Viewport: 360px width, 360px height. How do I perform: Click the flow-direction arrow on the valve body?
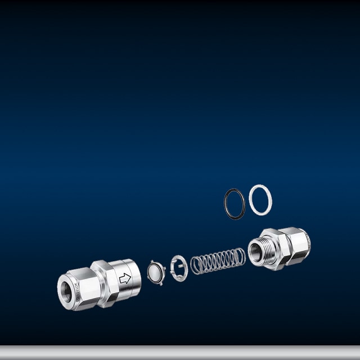pyautogui.click(x=125, y=278)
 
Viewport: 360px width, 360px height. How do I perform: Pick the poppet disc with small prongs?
pyautogui.click(x=155, y=273)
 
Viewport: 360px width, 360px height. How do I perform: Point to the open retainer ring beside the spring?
pyautogui.click(x=179, y=267)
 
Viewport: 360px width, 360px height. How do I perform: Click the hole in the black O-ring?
pyautogui.click(x=235, y=204)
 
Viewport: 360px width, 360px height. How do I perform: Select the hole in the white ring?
pyautogui.click(x=260, y=200)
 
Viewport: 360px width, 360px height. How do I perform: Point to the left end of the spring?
pyautogui.click(x=195, y=265)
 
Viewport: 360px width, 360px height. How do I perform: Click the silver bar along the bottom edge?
pyautogui.click(x=180, y=353)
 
